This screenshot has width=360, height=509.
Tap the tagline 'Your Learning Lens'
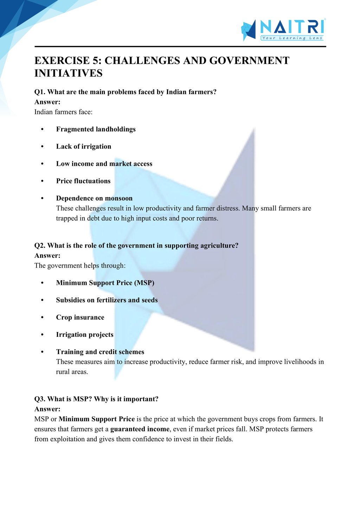(x=292, y=38)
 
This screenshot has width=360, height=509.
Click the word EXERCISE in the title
(x=62, y=60)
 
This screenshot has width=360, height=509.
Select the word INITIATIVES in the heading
(x=69, y=73)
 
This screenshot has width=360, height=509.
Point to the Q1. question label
(x=40, y=92)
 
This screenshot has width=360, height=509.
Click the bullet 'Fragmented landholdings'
(x=96, y=129)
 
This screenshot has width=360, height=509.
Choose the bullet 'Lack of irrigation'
(x=84, y=146)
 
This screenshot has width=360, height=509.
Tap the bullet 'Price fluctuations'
(x=83, y=181)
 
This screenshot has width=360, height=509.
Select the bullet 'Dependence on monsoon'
(x=94, y=198)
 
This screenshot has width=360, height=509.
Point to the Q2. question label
(x=40, y=246)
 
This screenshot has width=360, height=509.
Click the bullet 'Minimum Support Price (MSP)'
(x=105, y=283)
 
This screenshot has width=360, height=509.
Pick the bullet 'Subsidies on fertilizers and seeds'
(x=107, y=300)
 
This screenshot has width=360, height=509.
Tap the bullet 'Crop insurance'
(x=80, y=317)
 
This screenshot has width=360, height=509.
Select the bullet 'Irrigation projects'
(x=85, y=334)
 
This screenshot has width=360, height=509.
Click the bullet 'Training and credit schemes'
(x=100, y=352)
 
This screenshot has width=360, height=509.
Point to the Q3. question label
(x=40, y=399)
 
